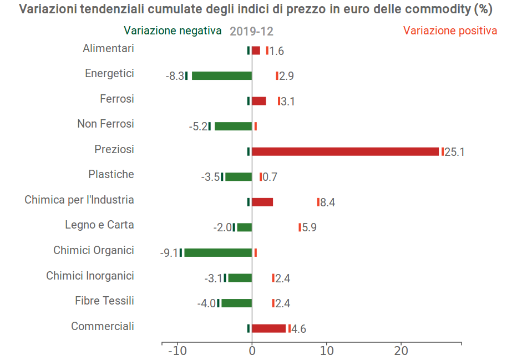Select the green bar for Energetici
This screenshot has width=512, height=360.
coord(222,76)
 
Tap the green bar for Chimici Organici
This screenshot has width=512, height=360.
coord(218,252)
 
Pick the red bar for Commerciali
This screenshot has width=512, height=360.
coord(268,328)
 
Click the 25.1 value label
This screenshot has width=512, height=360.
coord(454,152)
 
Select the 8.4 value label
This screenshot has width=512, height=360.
coord(327,202)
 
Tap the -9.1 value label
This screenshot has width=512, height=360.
coord(169,253)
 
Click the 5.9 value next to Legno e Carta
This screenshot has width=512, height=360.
coord(309,227)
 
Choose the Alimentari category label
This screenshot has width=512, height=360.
coord(108,48)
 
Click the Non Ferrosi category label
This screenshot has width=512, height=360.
coord(105,124)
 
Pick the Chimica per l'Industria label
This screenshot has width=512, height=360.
coord(79,200)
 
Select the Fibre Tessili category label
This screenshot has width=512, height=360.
coord(104,301)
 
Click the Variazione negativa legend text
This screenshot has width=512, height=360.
coord(173,31)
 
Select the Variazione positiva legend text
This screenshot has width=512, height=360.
coord(450,31)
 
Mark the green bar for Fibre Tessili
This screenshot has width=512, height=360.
coord(236,303)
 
